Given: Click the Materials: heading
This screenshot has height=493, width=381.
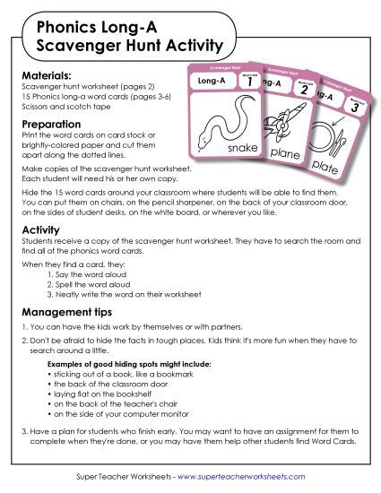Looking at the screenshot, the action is [x=48, y=74].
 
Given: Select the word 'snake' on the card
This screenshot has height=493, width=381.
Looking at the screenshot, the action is [x=244, y=146].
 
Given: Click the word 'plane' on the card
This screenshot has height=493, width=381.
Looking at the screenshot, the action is [x=286, y=153].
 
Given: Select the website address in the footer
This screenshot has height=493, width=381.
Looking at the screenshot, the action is [x=237, y=474].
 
